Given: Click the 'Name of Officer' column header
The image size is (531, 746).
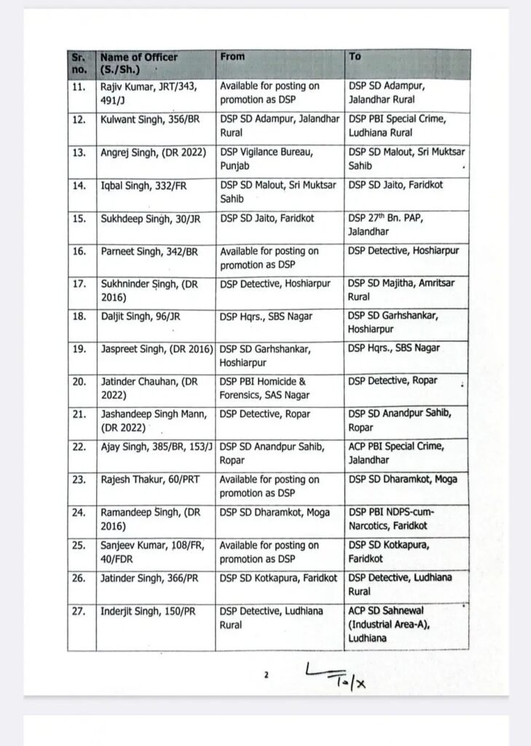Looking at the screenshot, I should [x=138, y=63].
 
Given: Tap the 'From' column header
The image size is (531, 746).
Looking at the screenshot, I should [x=232, y=57].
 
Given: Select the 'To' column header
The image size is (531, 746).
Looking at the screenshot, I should [x=355, y=57].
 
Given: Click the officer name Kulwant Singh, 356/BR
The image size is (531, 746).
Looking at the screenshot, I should [x=143, y=119].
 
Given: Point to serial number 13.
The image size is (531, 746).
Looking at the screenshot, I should [x=79, y=152].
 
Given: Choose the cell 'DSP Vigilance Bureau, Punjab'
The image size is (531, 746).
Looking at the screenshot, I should [x=258, y=159].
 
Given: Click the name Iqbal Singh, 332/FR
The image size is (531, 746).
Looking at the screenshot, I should [x=143, y=186].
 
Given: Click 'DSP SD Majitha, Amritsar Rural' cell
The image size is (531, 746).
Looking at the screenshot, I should [x=400, y=290].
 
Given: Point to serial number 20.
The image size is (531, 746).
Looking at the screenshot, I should [x=79, y=382].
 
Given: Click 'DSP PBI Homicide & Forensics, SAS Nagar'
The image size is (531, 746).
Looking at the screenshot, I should [x=264, y=388].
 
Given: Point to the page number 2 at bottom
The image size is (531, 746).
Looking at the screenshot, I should [x=267, y=675].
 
